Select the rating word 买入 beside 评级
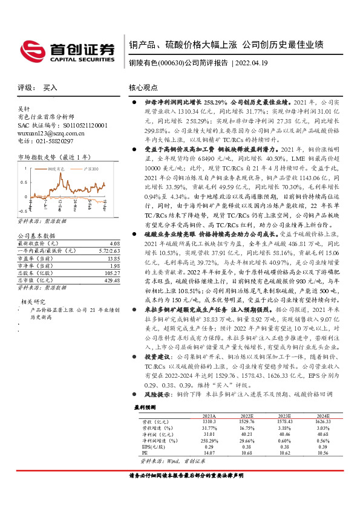click(x=50, y=88)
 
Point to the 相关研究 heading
click(x=34, y=301)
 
